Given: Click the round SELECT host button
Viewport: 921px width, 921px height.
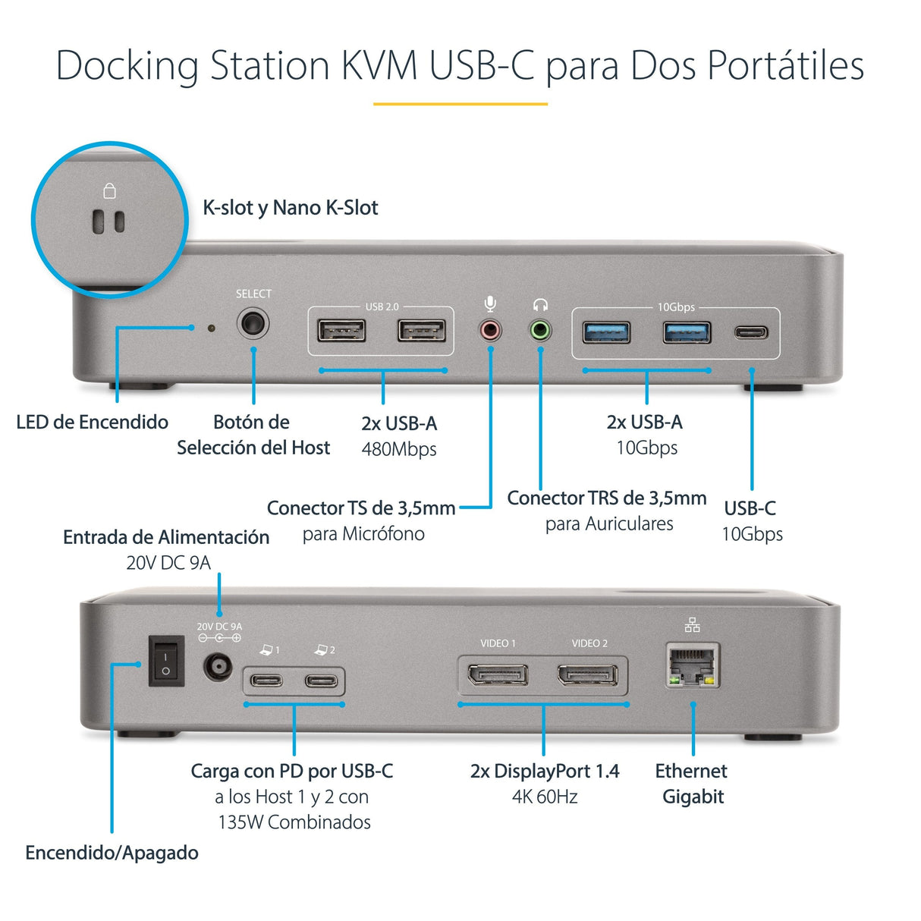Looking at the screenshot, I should click(253, 325).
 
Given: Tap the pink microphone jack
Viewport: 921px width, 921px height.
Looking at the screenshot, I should click(491, 330).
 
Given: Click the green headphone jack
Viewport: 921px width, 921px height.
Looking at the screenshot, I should click(540, 330).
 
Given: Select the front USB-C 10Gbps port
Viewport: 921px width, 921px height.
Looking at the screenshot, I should click(751, 332).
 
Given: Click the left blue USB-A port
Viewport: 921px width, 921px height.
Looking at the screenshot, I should click(606, 332).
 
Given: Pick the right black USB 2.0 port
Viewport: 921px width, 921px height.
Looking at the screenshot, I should click(422, 331).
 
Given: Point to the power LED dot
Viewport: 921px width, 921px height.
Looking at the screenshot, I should click(211, 328).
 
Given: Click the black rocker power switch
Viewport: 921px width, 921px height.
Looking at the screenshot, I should click(166, 661).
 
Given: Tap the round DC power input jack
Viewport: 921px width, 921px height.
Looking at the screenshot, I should click(218, 668).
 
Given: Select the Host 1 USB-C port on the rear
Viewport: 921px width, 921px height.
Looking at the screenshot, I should click(267, 680).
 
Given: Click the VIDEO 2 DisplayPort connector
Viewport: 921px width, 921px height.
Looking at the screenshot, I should click(587, 674).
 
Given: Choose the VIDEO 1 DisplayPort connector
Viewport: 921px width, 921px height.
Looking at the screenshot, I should click(498, 674).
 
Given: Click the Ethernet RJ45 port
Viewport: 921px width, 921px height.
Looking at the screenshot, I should click(693, 666).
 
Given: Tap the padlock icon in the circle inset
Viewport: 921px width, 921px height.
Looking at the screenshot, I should click(109, 190).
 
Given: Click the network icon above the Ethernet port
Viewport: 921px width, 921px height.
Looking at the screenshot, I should click(692, 625).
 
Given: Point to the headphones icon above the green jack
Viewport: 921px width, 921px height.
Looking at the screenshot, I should click(540, 305).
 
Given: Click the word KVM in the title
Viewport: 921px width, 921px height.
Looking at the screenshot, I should click(380, 65).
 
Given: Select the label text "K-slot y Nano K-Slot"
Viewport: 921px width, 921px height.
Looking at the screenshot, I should click(290, 208).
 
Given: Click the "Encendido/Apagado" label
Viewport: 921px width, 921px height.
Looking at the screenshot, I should click(112, 853).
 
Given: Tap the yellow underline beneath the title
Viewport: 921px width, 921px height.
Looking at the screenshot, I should click(460, 104).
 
